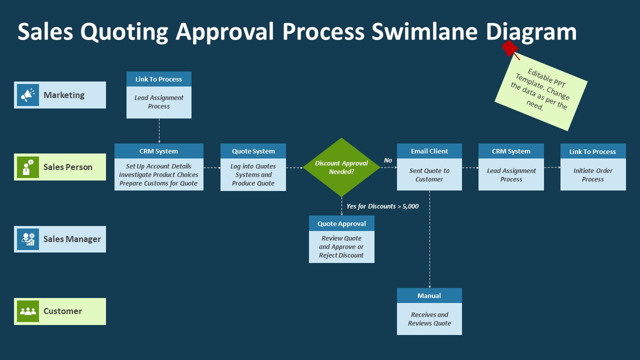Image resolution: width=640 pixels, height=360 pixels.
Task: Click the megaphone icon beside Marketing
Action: (x=28, y=95)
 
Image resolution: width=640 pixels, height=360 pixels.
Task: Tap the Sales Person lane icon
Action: (x=28, y=167)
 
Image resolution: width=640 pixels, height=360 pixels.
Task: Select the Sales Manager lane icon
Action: (x=28, y=239)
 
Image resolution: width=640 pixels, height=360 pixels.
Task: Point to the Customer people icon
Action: (x=28, y=311)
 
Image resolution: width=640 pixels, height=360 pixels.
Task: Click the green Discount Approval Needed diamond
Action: (x=341, y=167)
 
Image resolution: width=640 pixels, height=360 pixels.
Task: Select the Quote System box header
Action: (x=253, y=151)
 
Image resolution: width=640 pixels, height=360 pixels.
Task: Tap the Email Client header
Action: (x=429, y=151)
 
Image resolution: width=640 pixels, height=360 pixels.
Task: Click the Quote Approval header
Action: (x=341, y=223)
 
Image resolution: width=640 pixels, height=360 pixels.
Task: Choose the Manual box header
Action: (x=429, y=295)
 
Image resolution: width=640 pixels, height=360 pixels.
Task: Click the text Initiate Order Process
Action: (x=593, y=175)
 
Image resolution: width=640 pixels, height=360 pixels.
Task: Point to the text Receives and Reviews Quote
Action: (x=429, y=319)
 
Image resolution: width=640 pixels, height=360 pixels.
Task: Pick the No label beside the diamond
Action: (x=388, y=160)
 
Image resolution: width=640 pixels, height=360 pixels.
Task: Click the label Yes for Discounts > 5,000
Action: (x=382, y=206)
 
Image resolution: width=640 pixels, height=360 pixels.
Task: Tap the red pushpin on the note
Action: (x=510, y=48)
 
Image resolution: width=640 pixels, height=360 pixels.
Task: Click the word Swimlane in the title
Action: (x=424, y=31)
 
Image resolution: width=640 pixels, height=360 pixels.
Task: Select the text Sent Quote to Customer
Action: (x=429, y=175)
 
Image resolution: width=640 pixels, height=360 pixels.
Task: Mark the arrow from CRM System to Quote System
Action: (x=212, y=167)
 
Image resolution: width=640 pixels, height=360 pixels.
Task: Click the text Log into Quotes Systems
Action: (x=253, y=170)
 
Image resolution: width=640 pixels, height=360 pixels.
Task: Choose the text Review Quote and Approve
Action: (x=341, y=242)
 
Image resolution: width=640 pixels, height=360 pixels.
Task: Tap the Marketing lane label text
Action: (x=64, y=95)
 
